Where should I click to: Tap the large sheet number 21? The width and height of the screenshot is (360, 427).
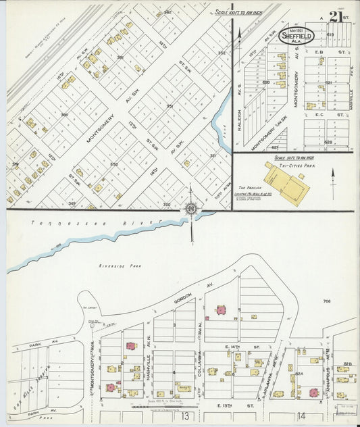[336, 17]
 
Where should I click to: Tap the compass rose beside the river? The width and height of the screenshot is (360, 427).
[191, 209]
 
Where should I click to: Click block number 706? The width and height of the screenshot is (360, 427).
[327, 301]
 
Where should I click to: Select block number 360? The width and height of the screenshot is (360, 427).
[65, 115]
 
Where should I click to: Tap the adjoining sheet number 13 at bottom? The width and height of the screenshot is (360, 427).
[184, 416]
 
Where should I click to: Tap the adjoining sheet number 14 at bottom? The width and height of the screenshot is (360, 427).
[301, 416]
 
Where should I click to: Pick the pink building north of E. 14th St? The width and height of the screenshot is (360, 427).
[220, 310]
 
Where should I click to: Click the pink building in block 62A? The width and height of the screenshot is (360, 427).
[313, 393]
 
